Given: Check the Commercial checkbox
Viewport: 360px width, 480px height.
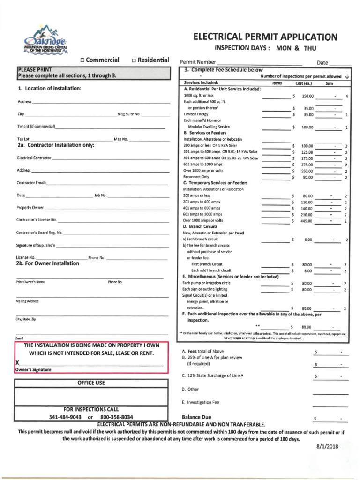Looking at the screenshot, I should (x=82, y=60).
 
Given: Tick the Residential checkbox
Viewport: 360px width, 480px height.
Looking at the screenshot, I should (x=134, y=60).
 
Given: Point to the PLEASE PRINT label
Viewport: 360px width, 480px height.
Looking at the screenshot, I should (x=35, y=70).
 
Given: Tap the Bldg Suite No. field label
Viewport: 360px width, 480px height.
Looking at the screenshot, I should (x=129, y=114).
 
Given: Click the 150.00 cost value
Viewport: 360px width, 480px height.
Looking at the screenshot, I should (x=307, y=96).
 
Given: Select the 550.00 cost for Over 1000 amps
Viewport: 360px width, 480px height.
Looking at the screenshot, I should (x=307, y=171).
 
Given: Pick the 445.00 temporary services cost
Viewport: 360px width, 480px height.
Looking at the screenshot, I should (x=307, y=220).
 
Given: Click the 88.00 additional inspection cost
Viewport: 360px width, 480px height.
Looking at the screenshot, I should (x=307, y=327).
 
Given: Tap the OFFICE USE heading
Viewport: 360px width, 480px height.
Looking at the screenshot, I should (x=91, y=383).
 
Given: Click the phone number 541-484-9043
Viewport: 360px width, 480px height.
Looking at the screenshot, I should (x=65, y=417).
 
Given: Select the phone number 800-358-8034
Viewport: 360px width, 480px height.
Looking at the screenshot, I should (x=116, y=417).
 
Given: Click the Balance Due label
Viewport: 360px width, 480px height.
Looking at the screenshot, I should (x=196, y=417).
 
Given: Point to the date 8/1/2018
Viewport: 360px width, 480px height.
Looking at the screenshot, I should (x=327, y=447).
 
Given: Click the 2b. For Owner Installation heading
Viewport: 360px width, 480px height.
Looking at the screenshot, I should (x=48, y=263).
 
